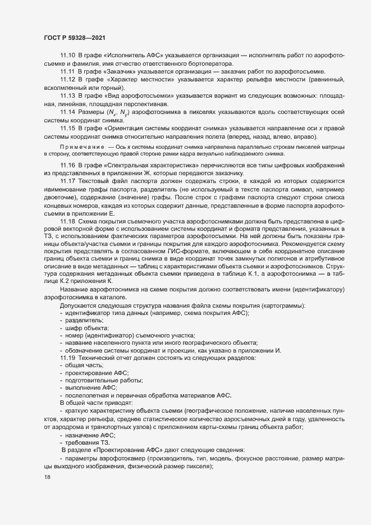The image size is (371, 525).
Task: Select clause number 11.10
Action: point(67,55)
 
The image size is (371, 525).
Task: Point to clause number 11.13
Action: point(67,96)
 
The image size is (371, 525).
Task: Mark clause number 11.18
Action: point(67,222)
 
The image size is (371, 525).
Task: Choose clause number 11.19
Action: point(67,358)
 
